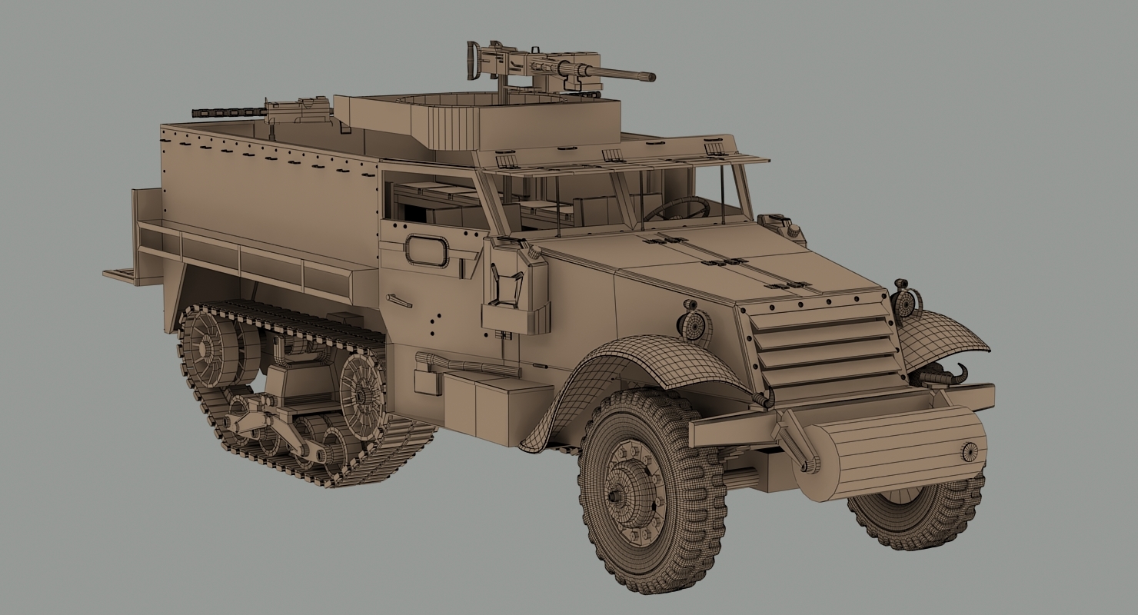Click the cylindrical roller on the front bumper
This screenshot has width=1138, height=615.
click(892, 452)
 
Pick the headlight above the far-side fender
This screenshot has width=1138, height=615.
click(907, 302)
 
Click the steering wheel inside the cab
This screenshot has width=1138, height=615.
click(677, 208)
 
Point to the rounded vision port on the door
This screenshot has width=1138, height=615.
click(428, 251)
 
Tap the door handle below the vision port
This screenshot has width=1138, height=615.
click(399, 301)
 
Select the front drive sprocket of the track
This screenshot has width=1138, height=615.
click(361, 388)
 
